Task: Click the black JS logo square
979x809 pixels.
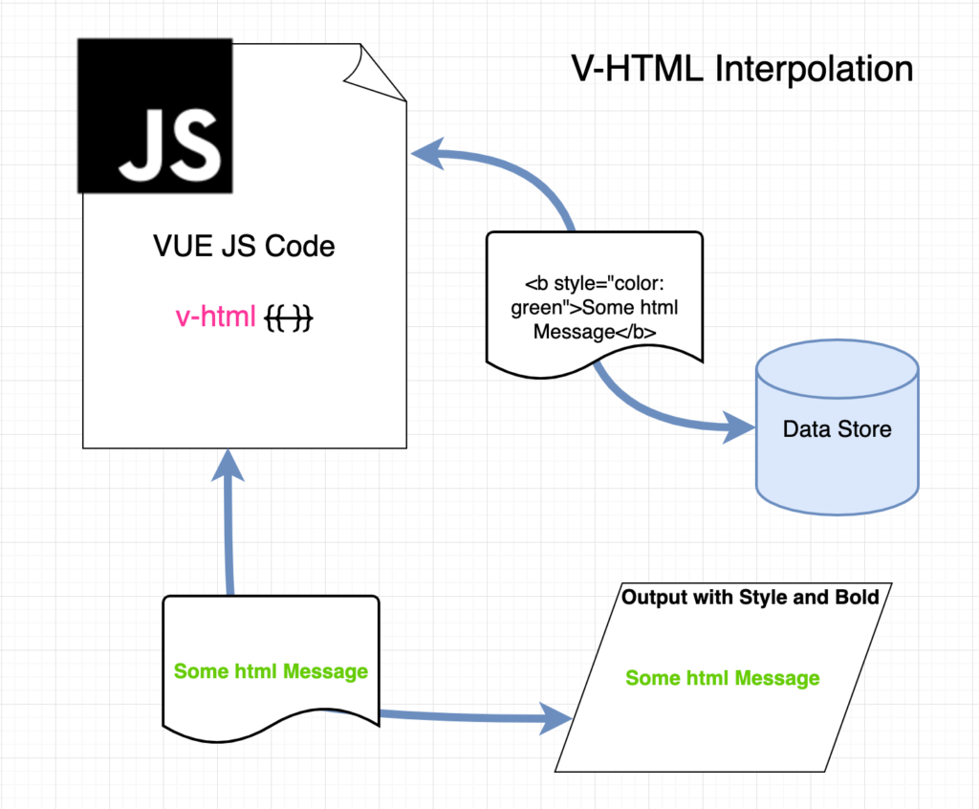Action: click(155, 117)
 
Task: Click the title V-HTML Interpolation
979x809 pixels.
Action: click(742, 69)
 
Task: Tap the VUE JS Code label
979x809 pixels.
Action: click(244, 246)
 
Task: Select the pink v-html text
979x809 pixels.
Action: click(216, 317)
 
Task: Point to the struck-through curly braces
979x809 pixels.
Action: click(289, 317)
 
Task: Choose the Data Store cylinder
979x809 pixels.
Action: click(838, 427)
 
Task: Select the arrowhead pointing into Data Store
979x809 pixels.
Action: click(739, 427)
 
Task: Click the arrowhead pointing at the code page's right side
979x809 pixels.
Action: click(428, 154)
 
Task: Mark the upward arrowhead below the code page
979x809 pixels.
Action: click(228, 466)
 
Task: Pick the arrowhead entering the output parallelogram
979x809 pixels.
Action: click(555, 718)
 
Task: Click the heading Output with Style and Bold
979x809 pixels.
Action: click(751, 598)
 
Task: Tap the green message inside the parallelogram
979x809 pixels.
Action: click(723, 678)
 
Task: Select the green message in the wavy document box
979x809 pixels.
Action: click(271, 671)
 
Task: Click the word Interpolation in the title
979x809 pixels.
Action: click(815, 69)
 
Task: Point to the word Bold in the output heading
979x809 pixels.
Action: click(858, 598)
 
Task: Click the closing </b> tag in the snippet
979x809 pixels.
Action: click(636, 332)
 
